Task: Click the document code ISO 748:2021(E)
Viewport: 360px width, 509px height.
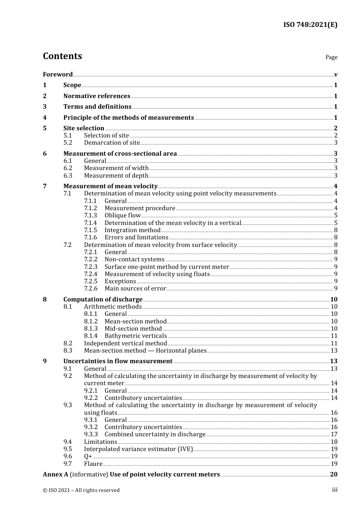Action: pyautogui.click(x=310, y=25)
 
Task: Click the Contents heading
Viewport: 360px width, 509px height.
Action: pyautogui.click(x=62, y=56)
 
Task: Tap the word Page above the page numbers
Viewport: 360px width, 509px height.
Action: pyautogui.click(x=331, y=57)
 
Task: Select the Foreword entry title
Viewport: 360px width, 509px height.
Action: pyautogui.click(x=58, y=74)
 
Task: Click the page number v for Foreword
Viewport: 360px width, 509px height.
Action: pyautogui.click(x=336, y=75)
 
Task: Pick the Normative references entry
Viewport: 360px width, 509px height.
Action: pyautogui.click(x=97, y=96)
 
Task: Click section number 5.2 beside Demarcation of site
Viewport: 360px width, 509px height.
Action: pyautogui.click(x=67, y=143)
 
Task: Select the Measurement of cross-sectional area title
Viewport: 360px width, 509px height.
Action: pyautogui.click(x=120, y=153)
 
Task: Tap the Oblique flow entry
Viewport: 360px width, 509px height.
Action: pyautogui.click(x=122, y=215)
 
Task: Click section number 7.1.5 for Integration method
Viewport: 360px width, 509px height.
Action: pyautogui.click(x=90, y=230)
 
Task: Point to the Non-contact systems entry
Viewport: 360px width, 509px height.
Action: pyautogui.click(x=134, y=259)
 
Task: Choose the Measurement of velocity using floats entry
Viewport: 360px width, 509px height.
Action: pyautogui.click(x=157, y=274)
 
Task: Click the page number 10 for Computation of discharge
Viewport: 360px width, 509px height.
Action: pyautogui.click(x=333, y=299)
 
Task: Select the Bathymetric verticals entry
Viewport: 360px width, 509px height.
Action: pyautogui.click(x=135, y=336)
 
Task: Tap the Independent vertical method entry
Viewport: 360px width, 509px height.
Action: pyautogui.click(x=125, y=343)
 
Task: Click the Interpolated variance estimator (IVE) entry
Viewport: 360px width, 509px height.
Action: pyautogui.click(x=138, y=449)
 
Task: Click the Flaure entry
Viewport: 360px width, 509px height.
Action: pyautogui.click(x=93, y=464)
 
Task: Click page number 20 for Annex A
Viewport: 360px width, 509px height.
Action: pyautogui.click(x=333, y=475)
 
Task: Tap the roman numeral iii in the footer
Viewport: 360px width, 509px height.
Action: pyautogui.click(x=335, y=490)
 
